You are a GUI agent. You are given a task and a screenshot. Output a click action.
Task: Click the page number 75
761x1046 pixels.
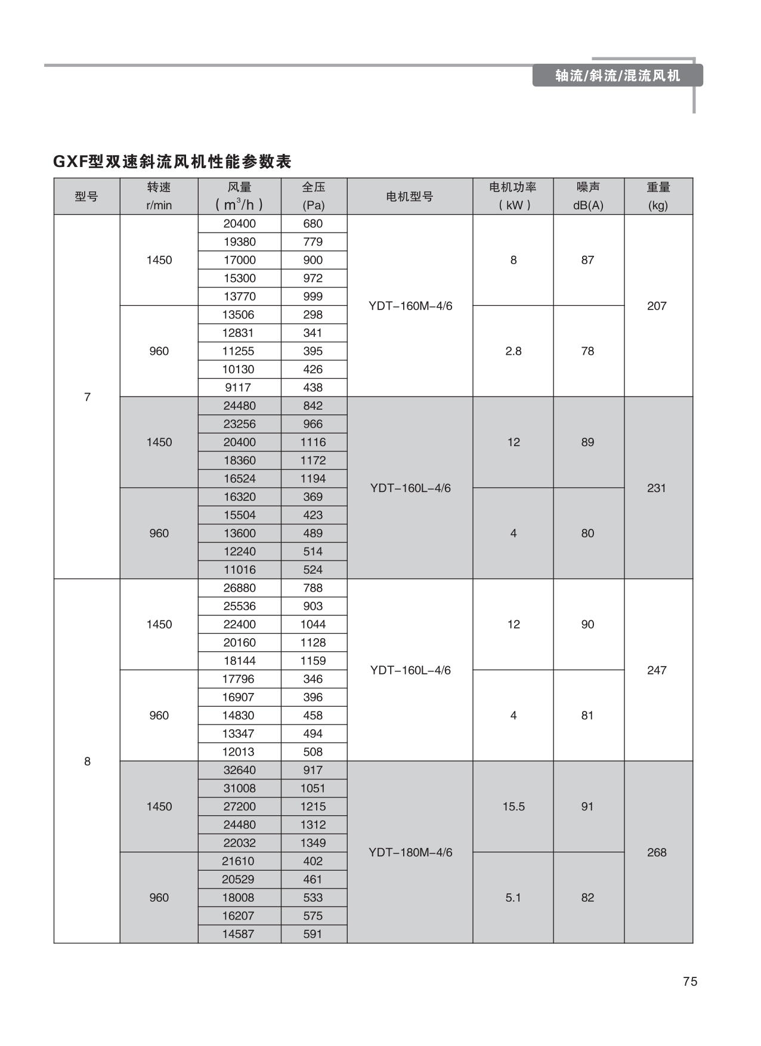click(x=690, y=982)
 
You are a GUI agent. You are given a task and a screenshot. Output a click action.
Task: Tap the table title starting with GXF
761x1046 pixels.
click(x=172, y=161)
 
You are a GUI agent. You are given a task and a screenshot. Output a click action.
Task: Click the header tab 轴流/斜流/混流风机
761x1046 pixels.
click(x=617, y=76)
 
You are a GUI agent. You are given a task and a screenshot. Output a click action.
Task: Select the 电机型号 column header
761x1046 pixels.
click(x=410, y=196)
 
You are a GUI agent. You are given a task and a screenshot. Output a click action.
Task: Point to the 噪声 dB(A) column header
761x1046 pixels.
click(x=588, y=196)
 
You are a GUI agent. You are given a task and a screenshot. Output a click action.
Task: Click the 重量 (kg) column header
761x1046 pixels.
click(x=658, y=196)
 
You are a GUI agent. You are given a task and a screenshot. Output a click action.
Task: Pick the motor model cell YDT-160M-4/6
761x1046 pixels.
click(x=410, y=306)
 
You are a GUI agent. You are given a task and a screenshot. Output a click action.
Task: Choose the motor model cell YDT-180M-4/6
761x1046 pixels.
click(x=410, y=852)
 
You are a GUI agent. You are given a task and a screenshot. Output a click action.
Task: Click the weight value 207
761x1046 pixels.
click(x=657, y=306)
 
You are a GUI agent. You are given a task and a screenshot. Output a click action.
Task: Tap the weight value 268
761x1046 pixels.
click(x=657, y=852)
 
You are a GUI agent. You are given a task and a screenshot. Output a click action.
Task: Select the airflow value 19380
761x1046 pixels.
click(x=239, y=242)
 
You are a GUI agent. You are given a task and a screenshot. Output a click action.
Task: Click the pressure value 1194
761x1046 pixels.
click(x=313, y=478)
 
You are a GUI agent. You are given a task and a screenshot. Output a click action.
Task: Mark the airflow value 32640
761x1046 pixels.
click(x=239, y=770)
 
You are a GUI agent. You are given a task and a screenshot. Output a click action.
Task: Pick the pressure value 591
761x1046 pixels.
click(x=313, y=934)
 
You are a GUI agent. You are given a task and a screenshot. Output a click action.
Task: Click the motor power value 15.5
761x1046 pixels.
click(x=513, y=806)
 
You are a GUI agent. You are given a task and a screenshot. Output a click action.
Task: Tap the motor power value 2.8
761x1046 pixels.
click(x=513, y=351)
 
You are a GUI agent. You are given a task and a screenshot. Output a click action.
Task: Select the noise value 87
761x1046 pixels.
click(x=587, y=260)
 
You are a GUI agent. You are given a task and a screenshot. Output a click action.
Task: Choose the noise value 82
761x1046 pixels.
click(x=587, y=898)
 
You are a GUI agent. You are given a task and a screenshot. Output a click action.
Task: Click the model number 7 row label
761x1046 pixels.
click(x=87, y=397)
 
